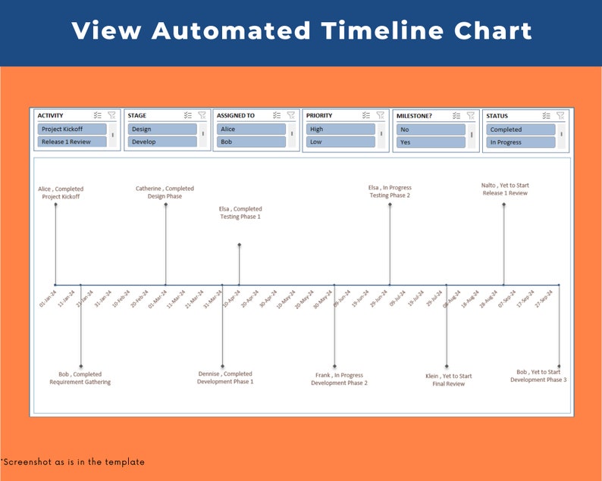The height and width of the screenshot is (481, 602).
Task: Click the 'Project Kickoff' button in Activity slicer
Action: click(71, 130)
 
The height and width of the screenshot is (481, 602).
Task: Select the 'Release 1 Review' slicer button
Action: click(71, 142)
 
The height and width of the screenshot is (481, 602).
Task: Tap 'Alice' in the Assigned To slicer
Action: click(251, 130)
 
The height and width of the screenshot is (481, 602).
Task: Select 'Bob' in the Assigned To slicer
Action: click(251, 142)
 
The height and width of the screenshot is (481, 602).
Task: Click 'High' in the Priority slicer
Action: click(340, 130)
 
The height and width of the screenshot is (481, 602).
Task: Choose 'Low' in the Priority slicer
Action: click(340, 142)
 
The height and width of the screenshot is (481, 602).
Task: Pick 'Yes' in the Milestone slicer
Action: click(430, 142)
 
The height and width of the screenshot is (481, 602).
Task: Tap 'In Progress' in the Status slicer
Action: click(520, 142)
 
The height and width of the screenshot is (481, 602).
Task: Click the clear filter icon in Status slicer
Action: click(560, 116)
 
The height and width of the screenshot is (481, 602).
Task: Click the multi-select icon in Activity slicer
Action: click(98, 116)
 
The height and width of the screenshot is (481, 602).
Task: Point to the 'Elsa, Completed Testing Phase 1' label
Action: click(240, 213)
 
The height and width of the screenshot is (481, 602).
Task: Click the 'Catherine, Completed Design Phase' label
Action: click(165, 192)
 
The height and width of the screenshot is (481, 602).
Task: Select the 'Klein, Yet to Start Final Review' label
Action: click(448, 380)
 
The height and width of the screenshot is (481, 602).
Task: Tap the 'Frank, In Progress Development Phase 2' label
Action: click(339, 379)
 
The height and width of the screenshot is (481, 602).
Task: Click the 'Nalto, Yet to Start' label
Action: click(504, 189)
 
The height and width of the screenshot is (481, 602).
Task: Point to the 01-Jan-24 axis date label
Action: click(47, 298)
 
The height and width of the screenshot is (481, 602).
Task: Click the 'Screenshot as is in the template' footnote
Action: click(73, 461)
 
